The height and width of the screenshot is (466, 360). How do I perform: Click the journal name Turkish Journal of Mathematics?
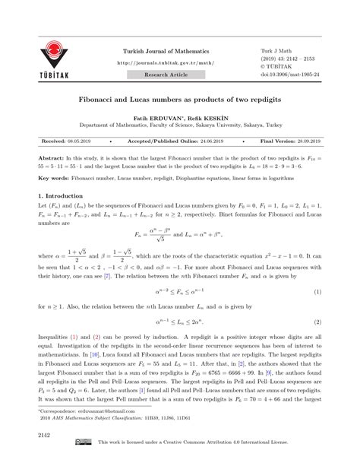[168, 50]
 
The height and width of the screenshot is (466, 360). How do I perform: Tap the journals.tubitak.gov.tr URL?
[168, 64]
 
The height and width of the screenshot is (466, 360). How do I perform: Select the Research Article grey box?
[167, 77]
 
